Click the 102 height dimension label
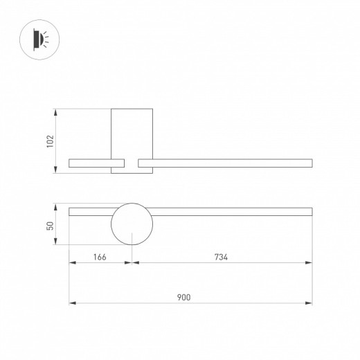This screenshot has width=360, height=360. (x=49, y=141)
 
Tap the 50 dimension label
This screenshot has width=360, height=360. (x=49, y=225)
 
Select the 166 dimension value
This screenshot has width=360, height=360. (x=100, y=257)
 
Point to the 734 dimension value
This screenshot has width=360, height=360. (x=221, y=257)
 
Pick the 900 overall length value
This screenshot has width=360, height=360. (x=183, y=297)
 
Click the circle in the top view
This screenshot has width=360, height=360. (x=132, y=224)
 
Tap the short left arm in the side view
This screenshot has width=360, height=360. (x=90, y=163)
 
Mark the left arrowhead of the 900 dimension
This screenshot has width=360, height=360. (x=72, y=303)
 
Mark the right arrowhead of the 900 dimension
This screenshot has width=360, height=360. (x=309, y=303)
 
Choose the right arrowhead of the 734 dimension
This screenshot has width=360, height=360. (x=309, y=262)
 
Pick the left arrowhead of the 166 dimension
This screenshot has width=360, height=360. (x=72, y=262)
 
